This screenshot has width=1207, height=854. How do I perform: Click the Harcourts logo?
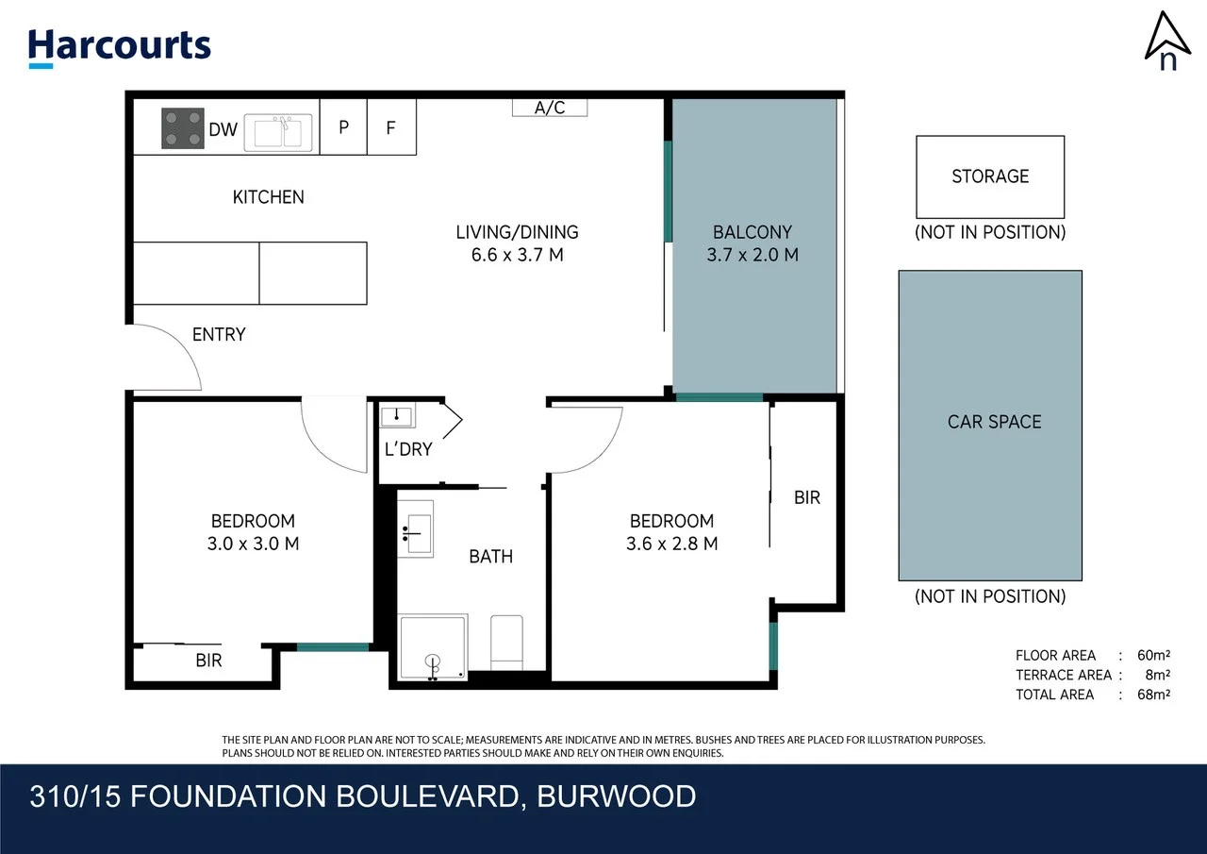119,47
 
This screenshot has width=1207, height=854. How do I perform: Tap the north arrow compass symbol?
1167,42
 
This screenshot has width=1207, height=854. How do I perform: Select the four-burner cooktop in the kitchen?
183,128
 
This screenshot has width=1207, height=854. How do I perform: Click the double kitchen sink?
278,132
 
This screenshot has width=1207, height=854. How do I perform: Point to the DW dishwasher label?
223,130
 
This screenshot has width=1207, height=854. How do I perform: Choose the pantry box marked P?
344,126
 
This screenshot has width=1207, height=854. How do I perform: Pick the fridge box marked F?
391,126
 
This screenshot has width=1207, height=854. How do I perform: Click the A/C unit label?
550,108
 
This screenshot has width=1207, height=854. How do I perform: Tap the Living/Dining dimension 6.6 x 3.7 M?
517,254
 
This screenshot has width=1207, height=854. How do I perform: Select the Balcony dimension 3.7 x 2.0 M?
752,255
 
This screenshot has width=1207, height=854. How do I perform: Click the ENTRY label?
219,334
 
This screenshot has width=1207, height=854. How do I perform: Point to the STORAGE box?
990,176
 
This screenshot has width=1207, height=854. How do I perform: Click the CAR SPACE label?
994,422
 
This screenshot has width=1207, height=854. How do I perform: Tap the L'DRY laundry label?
408,449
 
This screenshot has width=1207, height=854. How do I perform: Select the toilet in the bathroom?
506,641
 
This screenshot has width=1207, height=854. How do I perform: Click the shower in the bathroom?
433,647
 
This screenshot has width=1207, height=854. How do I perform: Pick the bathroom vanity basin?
415,529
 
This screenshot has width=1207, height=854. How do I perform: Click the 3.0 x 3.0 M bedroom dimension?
253,544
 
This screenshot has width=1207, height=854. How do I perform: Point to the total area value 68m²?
1154,695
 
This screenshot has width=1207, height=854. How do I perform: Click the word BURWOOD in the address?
617,796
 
